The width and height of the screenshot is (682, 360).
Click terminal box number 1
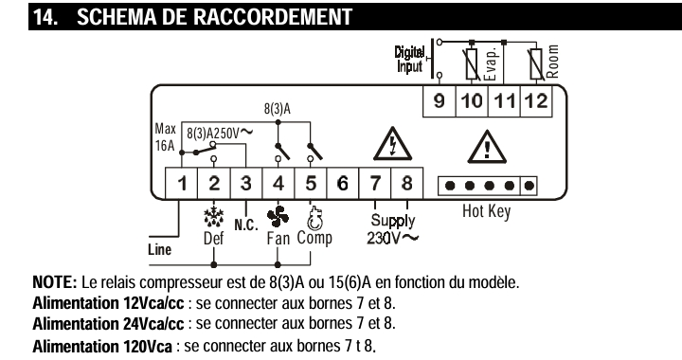coord(182,184)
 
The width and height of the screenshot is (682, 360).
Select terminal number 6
coord(342,184)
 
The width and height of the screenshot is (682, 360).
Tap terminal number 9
coord(440,101)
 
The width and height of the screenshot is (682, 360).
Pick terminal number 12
coord(536,101)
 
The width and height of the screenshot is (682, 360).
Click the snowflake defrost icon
coord(213,217)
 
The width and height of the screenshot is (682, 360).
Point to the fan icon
coord(278,217)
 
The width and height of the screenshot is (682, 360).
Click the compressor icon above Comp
coord(314,218)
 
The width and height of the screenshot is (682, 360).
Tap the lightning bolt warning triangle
coord(392,144)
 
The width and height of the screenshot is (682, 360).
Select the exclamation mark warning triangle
coord(487,147)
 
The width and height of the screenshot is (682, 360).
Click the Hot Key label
coord(486,212)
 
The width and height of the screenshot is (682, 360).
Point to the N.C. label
coord(246,225)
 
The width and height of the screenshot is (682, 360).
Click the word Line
coord(160,249)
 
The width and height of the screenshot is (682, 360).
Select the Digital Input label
coord(409,59)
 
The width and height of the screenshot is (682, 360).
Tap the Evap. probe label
coord(491,63)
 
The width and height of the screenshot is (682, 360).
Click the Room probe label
coord(552,62)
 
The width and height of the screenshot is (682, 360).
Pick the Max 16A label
coord(165,137)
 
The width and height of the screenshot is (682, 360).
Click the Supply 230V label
coord(392,229)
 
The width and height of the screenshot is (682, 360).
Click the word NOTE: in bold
coord(55,282)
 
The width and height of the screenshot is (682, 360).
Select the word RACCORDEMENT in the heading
coord(273,16)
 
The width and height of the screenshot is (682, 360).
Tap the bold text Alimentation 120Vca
coord(102,347)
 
